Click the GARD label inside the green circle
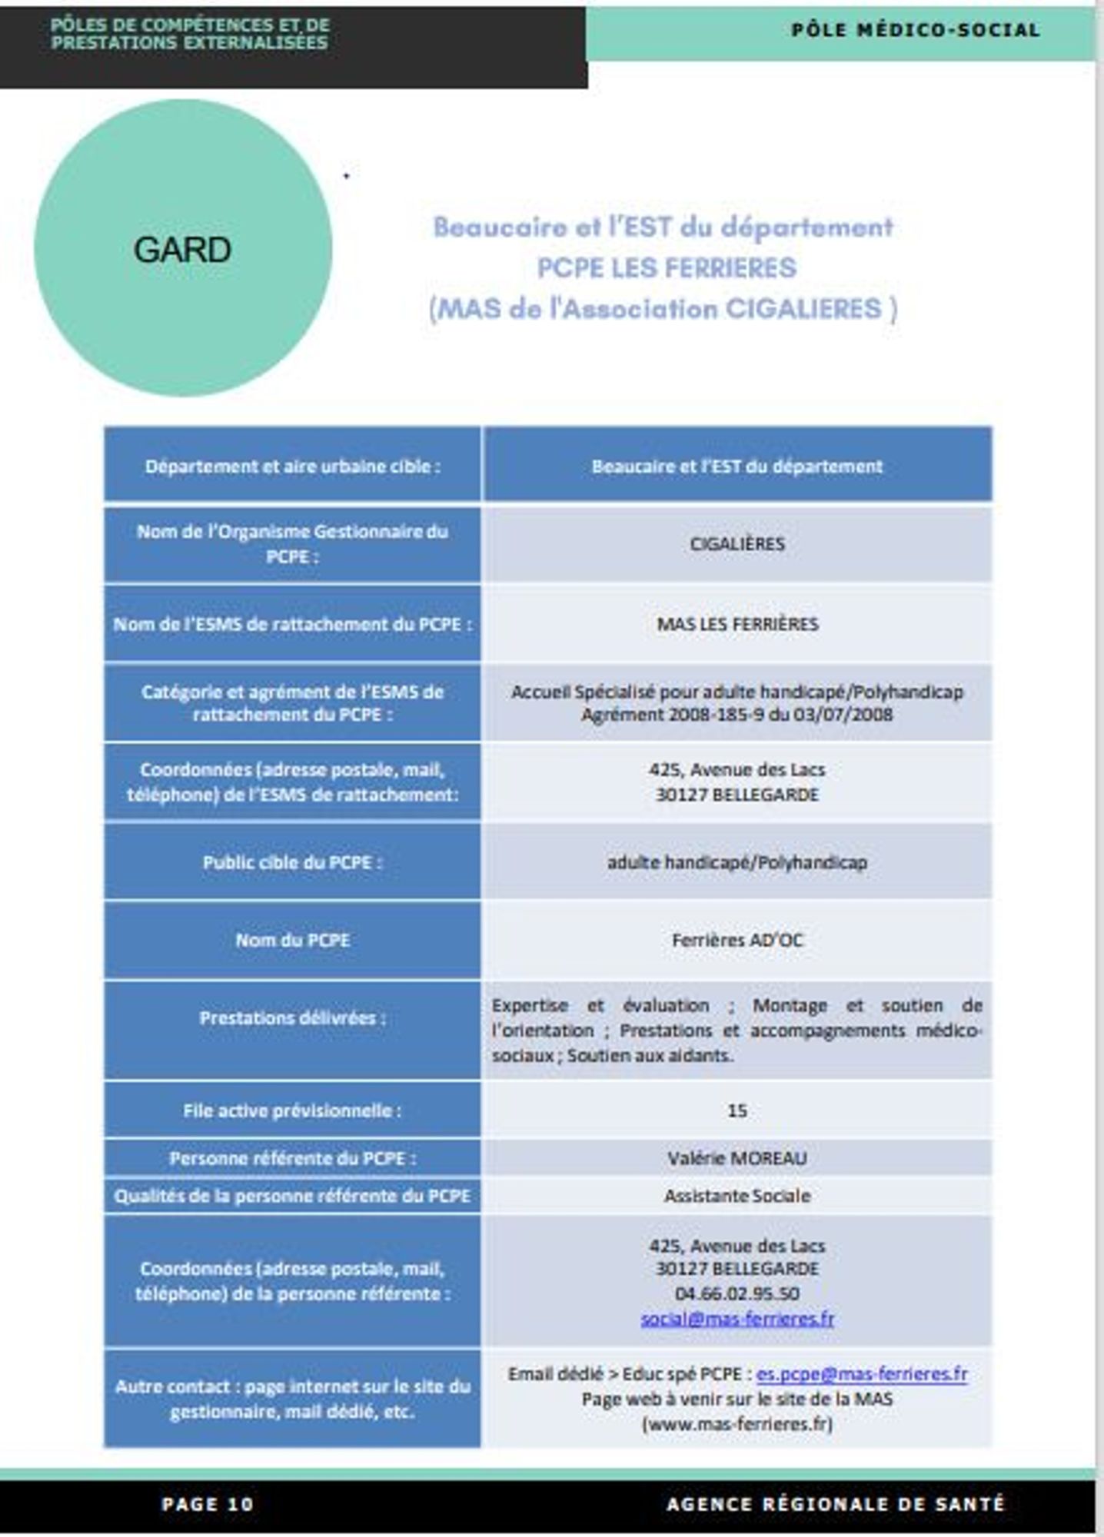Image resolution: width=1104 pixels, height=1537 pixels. [x=182, y=250]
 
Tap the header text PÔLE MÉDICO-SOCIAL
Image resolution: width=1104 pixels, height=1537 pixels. [x=915, y=31]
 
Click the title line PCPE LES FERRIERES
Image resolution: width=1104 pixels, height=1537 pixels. [x=666, y=267]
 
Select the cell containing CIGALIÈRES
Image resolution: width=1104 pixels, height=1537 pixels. [x=737, y=544]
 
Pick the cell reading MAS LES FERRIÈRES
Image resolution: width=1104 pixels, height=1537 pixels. [x=737, y=623]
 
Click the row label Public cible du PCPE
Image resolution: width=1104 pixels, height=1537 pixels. [x=292, y=862]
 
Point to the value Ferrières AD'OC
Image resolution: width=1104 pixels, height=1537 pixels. [x=737, y=940]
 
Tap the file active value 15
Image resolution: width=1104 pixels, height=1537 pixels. [x=737, y=1110]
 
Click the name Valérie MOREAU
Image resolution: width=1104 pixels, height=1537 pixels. [x=737, y=1158]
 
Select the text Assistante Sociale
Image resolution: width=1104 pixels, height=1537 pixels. [x=737, y=1196]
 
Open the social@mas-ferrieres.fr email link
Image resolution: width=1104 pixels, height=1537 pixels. [x=737, y=1319]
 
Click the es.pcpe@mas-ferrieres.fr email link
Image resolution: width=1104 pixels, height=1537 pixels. [x=861, y=1374]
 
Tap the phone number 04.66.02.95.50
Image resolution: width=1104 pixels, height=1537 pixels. [x=737, y=1293]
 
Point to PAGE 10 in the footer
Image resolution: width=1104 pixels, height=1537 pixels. [x=208, y=1504]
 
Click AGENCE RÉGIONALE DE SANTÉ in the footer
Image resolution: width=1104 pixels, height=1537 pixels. [x=835, y=1504]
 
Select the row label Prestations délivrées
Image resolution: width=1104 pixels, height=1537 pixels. [x=292, y=1018]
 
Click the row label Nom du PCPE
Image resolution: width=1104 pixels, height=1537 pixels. [x=292, y=940]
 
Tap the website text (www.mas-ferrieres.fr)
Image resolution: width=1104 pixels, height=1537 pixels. [x=737, y=1424]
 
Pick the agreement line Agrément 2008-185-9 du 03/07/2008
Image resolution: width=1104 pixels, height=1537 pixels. [x=737, y=715]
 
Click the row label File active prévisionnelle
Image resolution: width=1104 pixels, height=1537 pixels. [x=292, y=1110]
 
